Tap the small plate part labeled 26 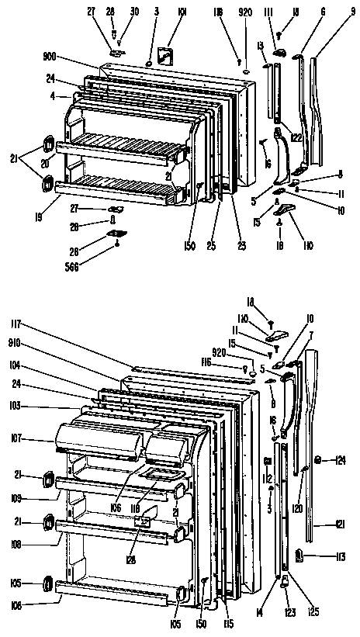(117, 232)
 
